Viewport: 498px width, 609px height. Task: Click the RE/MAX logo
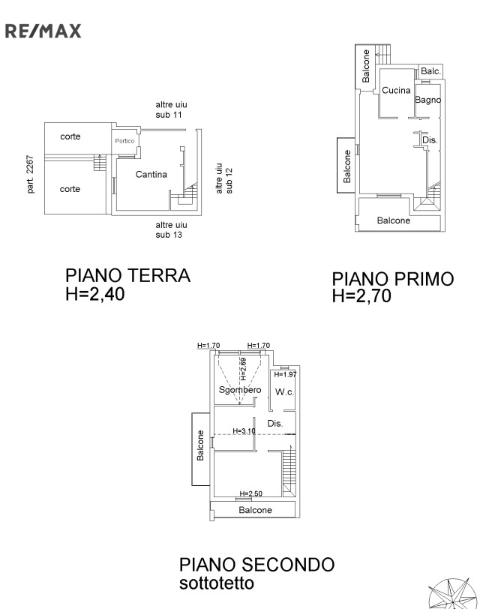(43, 31)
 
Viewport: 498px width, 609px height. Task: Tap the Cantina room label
(151, 175)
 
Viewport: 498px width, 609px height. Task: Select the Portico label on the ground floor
(124, 141)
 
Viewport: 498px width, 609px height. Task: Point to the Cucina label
(396, 90)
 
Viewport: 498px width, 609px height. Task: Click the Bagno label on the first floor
(427, 100)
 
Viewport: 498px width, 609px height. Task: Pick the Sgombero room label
(240, 389)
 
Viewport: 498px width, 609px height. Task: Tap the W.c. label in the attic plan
(284, 392)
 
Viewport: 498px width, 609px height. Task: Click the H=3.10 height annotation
(244, 430)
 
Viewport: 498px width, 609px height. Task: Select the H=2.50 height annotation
(251, 493)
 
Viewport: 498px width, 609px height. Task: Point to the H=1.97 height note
(285, 374)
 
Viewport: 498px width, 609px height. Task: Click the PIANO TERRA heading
(127, 276)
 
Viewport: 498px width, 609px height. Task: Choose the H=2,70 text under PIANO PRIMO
(361, 296)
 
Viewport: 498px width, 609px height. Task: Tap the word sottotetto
(217, 583)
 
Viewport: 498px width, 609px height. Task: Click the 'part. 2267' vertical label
(30, 175)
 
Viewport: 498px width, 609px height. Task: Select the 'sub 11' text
(169, 115)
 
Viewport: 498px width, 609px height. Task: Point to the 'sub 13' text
(169, 235)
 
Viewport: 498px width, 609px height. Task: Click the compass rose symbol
(452, 594)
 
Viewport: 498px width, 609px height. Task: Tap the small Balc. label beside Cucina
(430, 71)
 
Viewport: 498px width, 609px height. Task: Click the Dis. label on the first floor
(430, 139)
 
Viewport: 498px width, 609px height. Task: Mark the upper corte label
(70, 136)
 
